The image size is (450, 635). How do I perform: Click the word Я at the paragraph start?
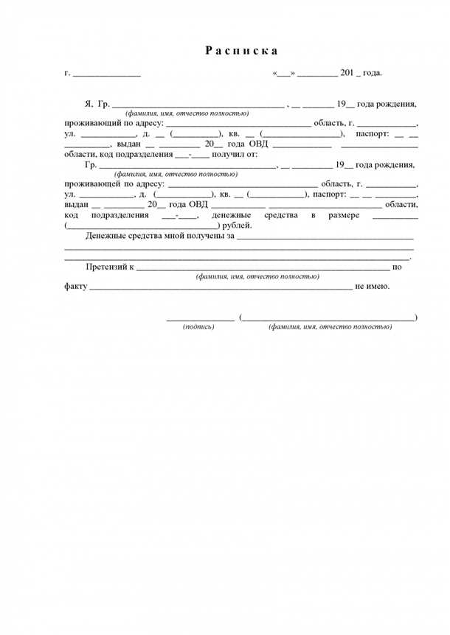88,104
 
